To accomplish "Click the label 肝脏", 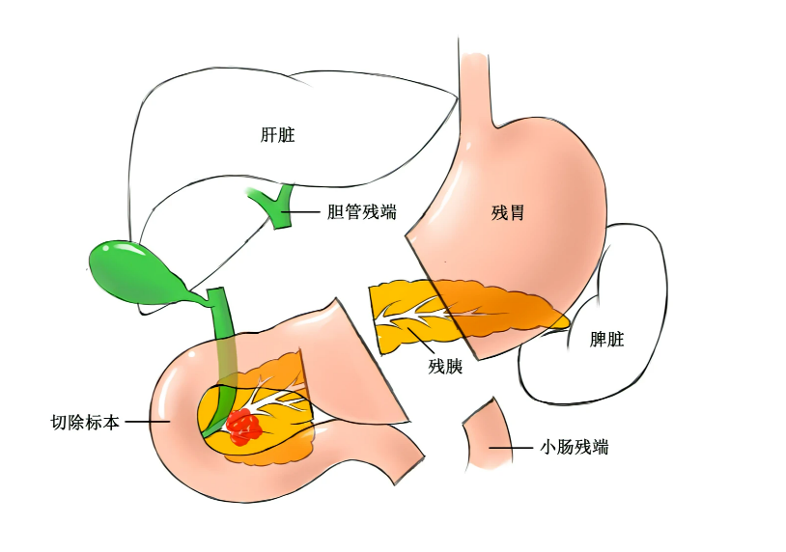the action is click(x=278, y=135).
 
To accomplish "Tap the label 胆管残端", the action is click(x=361, y=212).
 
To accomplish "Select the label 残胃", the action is click(x=508, y=213).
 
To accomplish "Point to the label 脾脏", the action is click(x=606, y=339).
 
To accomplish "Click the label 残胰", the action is click(x=445, y=366).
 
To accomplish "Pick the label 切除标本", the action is click(x=85, y=423).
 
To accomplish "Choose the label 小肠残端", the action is click(x=574, y=446).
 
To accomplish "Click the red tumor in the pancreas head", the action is click(x=243, y=427).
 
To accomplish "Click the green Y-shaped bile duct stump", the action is click(x=276, y=206).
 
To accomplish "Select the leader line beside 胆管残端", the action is click(x=301, y=212).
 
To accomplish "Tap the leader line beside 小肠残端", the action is click(x=511, y=448).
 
